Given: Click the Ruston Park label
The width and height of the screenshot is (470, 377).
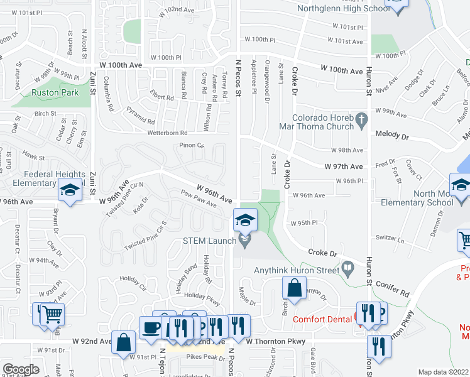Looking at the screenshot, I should coord(55,92).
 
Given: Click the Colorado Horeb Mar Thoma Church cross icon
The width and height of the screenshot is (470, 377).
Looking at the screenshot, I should coord(361,119).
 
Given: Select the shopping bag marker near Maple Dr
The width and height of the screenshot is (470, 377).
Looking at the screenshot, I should coord(294,289).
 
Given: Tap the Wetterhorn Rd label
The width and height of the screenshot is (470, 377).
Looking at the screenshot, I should coord(168,133).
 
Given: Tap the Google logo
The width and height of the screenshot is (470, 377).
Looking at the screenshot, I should coord(21,369).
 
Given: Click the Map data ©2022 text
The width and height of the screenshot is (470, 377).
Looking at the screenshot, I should coord(444,372).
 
